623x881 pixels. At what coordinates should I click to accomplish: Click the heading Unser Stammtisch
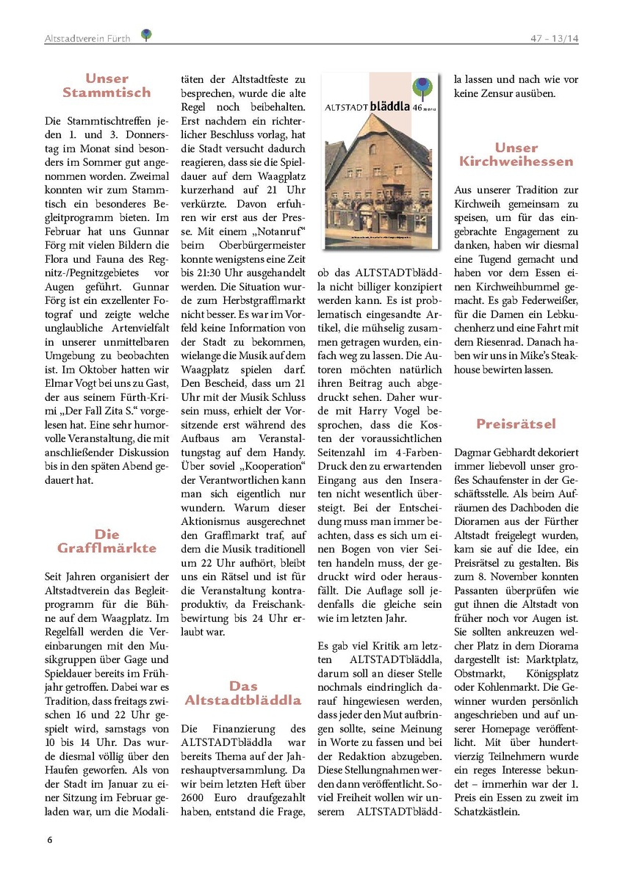(107, 85)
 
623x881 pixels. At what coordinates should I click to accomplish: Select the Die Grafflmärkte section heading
(107, 541)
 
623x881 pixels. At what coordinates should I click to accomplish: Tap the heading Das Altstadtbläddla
(243, 693)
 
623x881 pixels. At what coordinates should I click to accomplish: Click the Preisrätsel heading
(516, 424)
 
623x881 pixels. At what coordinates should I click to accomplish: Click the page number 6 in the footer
(49, 839)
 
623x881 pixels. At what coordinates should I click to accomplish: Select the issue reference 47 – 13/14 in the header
(554, 38)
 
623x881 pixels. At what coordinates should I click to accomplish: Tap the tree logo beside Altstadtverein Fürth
(147, 35)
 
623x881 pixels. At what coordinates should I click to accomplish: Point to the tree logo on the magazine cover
(421, 90)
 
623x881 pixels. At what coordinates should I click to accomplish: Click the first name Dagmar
(475, 454)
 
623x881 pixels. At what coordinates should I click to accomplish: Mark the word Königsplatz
(545, 673)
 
